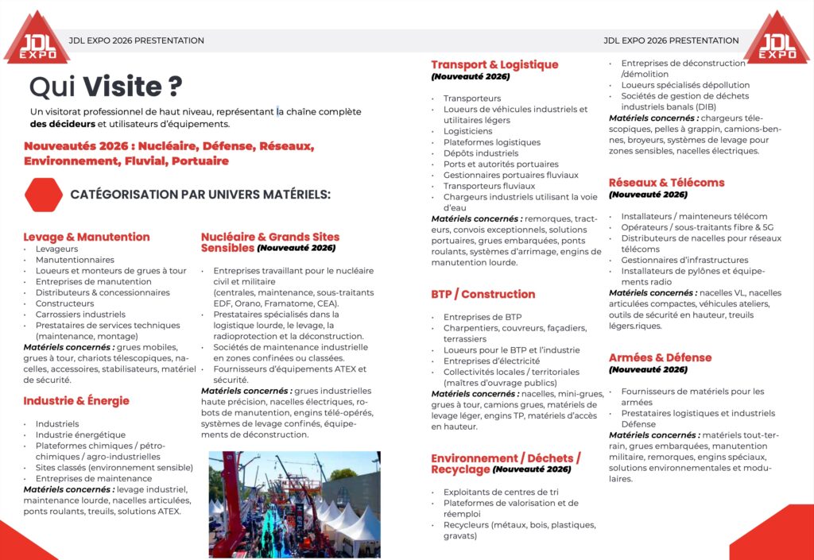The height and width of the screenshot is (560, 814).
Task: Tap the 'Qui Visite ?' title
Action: click(x=105, y=86)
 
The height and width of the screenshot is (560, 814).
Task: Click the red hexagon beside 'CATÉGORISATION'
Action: click(x=44, y=195)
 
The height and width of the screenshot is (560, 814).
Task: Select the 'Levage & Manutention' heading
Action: click(x=87, y=237)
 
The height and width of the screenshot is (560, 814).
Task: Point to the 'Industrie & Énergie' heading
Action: click(x=76, y=401)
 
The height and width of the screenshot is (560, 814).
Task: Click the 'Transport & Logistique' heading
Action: click(x=494, y=65)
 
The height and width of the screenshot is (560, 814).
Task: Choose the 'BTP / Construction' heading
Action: click(x=483, y=295)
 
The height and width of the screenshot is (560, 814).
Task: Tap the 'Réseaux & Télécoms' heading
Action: click(x=666, y=183)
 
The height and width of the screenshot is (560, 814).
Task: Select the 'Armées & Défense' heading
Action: click(x=660, y=358)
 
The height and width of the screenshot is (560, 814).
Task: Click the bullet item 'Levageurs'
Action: click(x=56, y=249)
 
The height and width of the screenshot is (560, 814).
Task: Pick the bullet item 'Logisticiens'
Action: click(x=467, y=131)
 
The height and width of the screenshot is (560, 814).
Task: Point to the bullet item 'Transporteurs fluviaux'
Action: click(x=489, y=186)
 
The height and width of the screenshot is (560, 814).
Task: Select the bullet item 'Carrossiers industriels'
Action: click(x=80, y=315)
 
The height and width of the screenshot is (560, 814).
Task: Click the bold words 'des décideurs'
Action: click(x=61, y=124)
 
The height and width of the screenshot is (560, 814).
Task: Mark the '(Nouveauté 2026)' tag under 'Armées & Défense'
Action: click(x=648, y=370)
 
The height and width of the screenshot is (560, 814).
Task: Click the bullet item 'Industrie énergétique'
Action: click(x=80, y=434)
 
